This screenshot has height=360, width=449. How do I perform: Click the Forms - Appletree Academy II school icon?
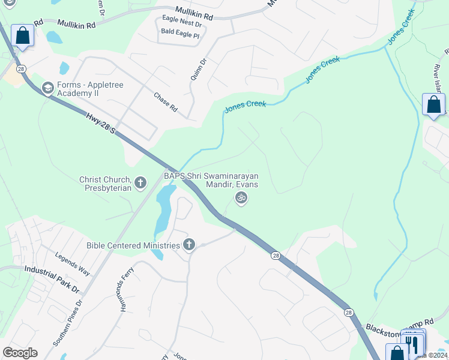point(47,89)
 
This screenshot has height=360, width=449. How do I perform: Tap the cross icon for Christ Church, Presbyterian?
point(140,183)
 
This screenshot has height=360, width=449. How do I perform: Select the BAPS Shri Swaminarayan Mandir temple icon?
point(241,198)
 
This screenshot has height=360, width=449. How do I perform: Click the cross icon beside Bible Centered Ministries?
point(189,245)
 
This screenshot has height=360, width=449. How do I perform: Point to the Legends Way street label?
point(73,264)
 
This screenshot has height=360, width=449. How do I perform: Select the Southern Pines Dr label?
point(67,325)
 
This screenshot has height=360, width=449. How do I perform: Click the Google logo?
point(20,353)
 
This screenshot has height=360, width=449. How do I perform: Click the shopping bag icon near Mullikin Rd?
point(23,35)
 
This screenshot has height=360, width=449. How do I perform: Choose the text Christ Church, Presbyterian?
point(105,184)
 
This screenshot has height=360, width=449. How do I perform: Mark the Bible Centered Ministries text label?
point(133,245)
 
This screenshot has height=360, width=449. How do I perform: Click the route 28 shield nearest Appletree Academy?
point(22,70)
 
